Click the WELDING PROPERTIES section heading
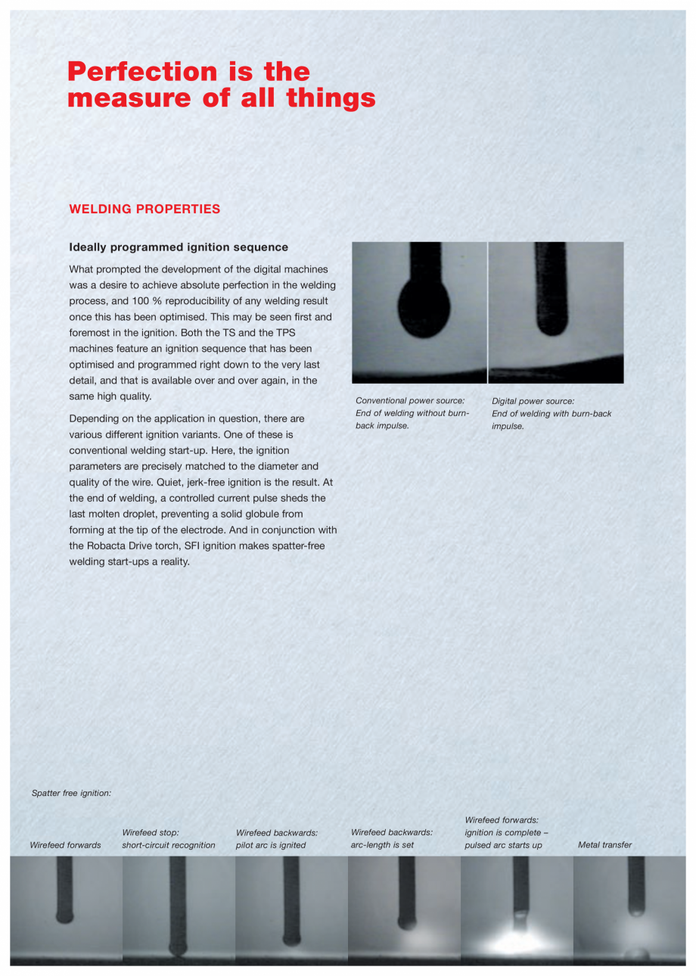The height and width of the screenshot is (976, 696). click(144, 209)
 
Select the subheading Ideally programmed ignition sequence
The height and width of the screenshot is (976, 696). click(179, 247)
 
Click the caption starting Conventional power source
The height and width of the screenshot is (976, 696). click(413, 413)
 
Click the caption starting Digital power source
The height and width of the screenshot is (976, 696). click(552, 413)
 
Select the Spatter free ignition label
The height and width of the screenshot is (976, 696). click(71, 793)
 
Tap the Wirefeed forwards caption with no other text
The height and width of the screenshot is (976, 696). click(65, 845)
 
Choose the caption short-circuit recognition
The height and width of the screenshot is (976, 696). click(169, 845)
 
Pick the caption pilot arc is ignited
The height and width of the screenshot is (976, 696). click(271, 845)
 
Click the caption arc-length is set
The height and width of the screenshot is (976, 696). click(382, 845)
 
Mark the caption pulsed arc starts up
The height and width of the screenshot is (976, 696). click(503, 845)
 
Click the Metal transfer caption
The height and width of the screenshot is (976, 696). click(604, 845)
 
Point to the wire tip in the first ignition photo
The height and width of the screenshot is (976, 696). click(65, 915)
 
